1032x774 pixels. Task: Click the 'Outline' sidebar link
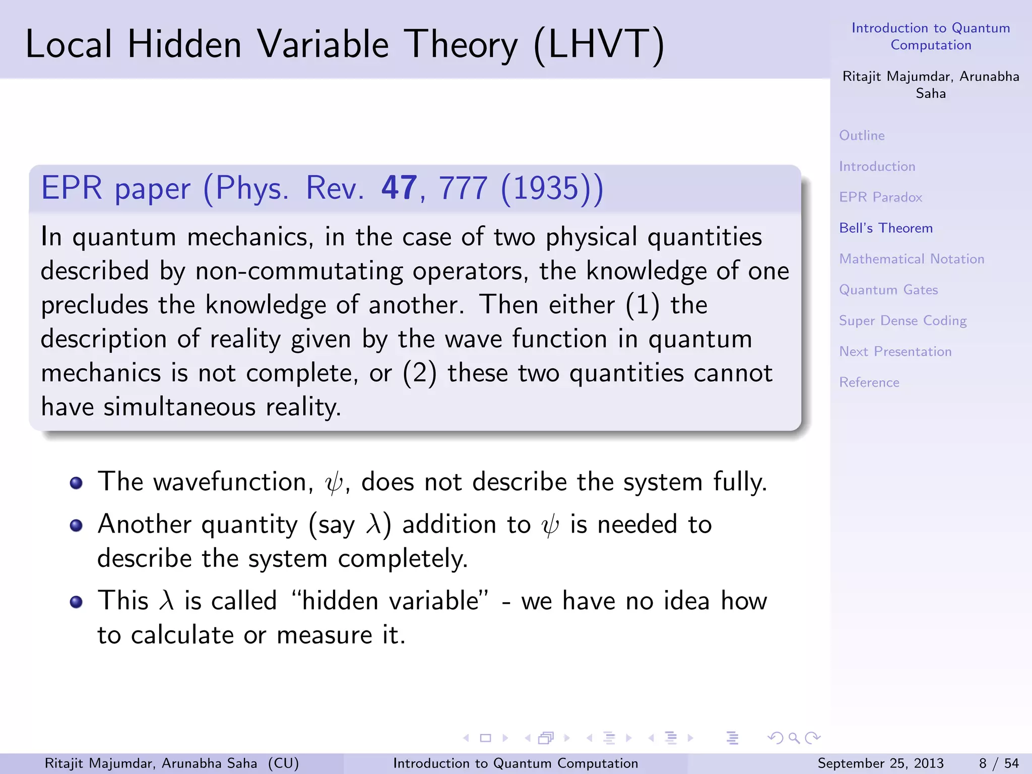pyautogui.click(x=862, y=136)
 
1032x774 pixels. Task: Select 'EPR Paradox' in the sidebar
pyautogui.click(x=880, y=197)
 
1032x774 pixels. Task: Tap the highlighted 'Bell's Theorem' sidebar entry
pyautogui.click(x=886, y=228)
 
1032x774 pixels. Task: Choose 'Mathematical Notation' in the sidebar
pyautogui.click(x=912, y=259)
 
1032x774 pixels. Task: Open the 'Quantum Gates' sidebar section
pyautogui.click(x=888, y=290)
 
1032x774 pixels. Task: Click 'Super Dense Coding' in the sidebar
pyautogui.click(x=902, y=321)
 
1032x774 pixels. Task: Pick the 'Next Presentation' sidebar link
pyautogui.click(x=895, y=352)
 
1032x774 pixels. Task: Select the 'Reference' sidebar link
pyautogui.click(x=869, y=382)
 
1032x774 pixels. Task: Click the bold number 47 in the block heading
pyautogui.click(x=399, y=188)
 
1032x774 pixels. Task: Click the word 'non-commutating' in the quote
pyautogui.click(x=299, y=271)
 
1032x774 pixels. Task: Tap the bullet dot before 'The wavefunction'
pyautogui.click(x=76, y=483)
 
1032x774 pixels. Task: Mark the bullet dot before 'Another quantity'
pyautogui.click(x=76, y=526)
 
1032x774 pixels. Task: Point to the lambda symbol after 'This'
pyautogui.click(x=166, y=601)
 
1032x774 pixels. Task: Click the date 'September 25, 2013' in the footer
pyautogui.click(x=880, y=763)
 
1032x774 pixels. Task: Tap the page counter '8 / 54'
pyautogui.click(x=998, y=763)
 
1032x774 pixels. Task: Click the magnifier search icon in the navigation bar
pyautogui.click(x=794, y=738)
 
